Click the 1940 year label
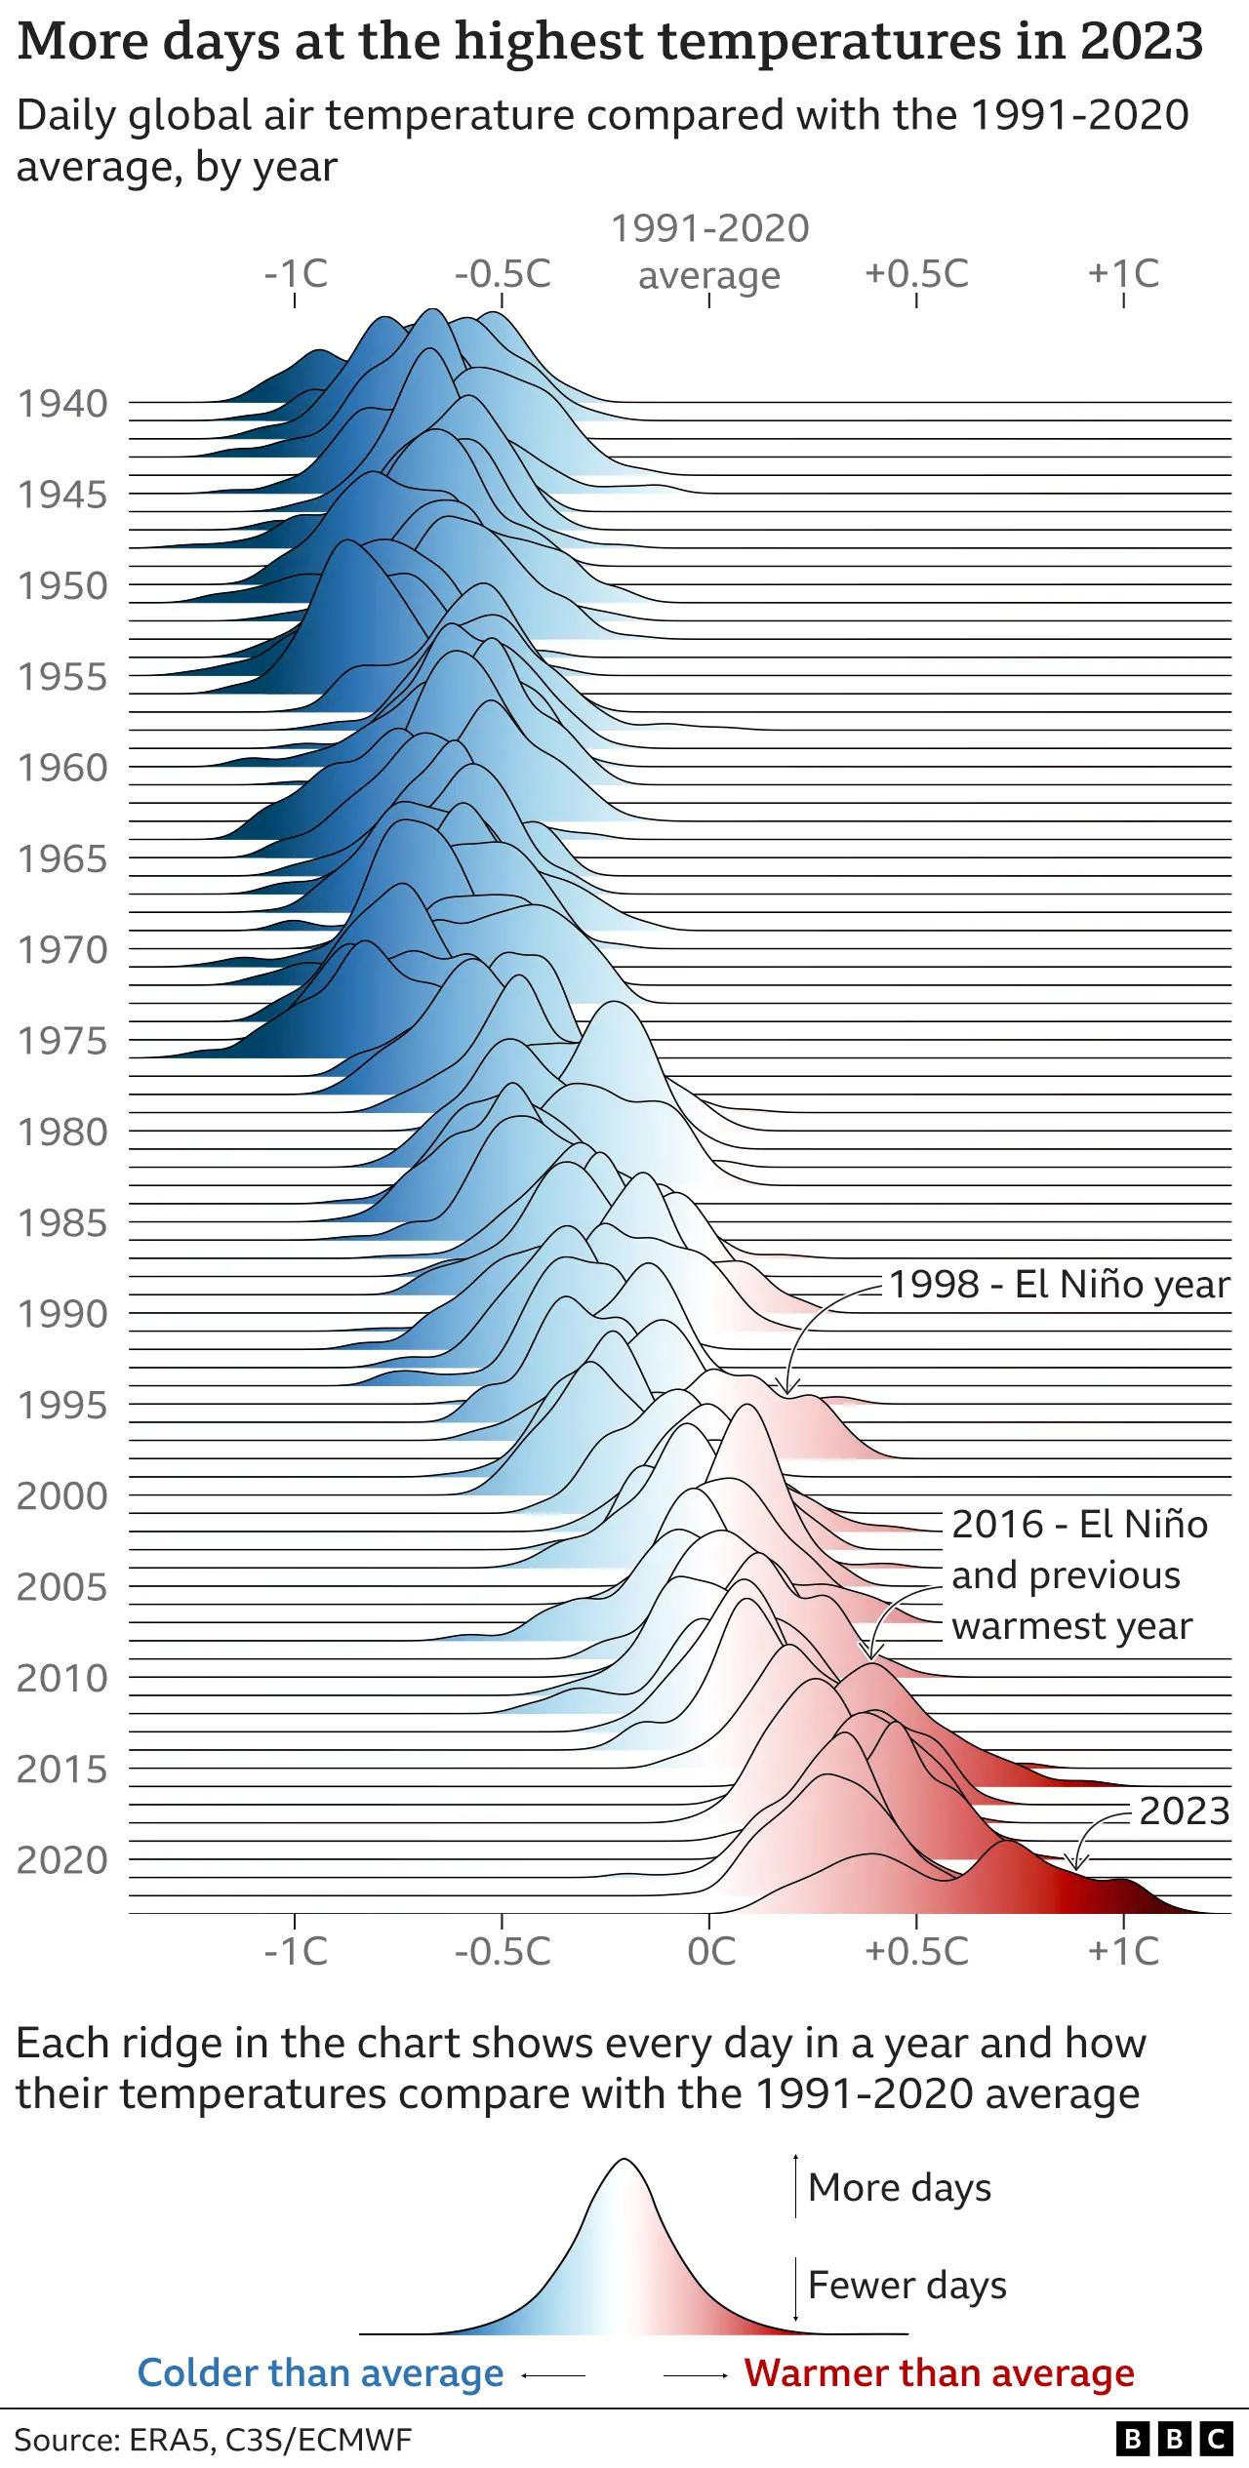click(x=62, y=404)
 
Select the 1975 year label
click(x=62, y=1041)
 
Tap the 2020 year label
click(x=62, y=1859)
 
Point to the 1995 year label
click(x=62, y=1405)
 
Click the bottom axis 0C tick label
click(x=710, y=1951)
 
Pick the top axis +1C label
click(x=1123, y=274)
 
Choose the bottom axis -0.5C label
click(x=503, y=1951)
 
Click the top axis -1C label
click(x=296, y=274)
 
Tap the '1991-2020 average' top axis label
click(x=709, y=252)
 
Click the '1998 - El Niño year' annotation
click(x=1059, y=1284)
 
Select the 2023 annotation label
click(x=1184, y=1811)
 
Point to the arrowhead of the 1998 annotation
click(x=789, y=1389)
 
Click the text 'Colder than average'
click(x=320, y=2372)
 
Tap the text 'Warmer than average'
click(x=939, y=2372)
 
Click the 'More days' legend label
click(x=900, y=2187)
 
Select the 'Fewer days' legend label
click(x=907, y=2285)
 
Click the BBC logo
click(x=1174, y=2440)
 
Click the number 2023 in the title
click(x=1141, y=41)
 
